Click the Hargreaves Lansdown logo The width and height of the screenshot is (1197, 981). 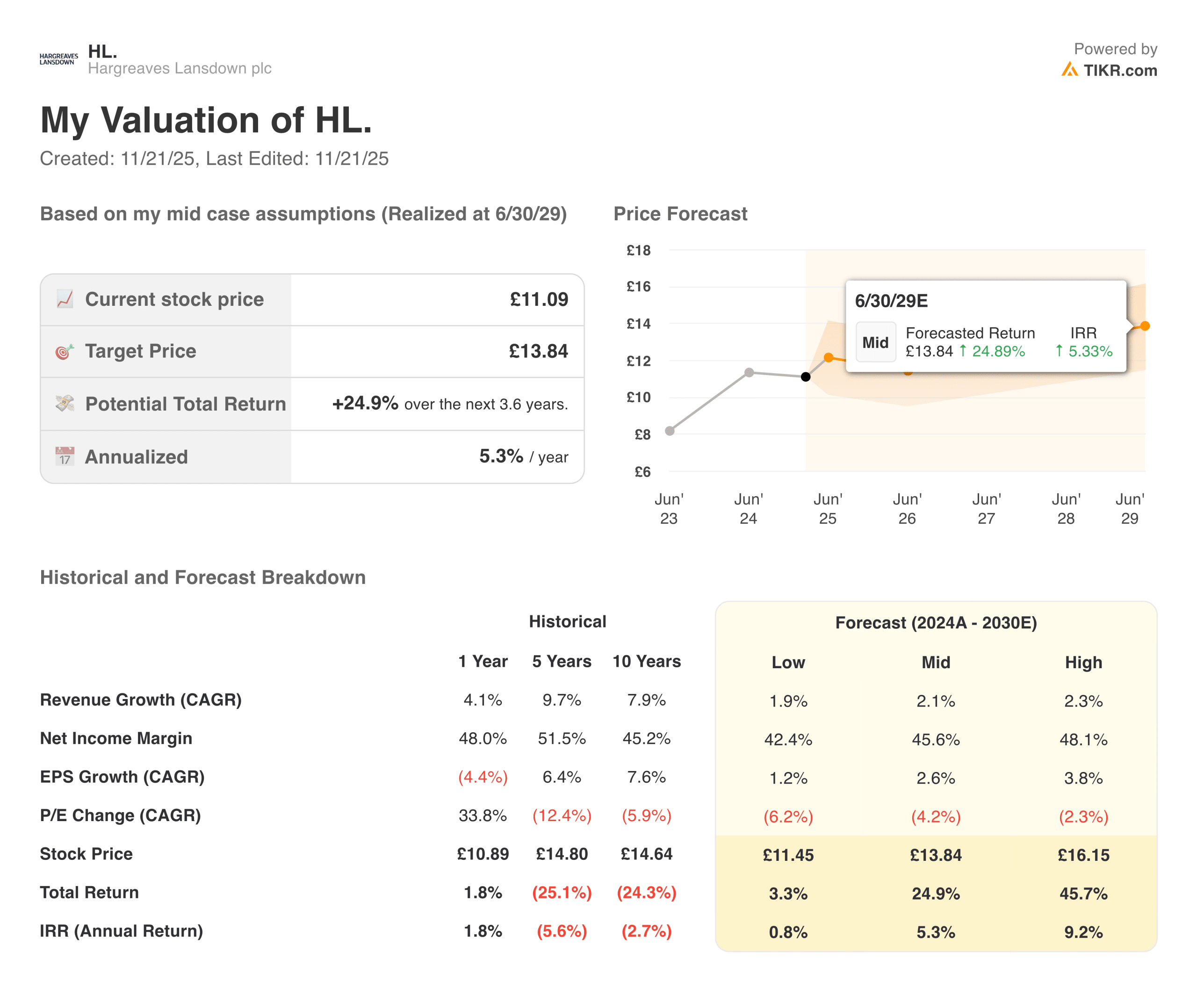(59, 59)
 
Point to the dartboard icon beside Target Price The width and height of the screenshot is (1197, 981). (65, 352)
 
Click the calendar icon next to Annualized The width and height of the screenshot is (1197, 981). (65, 456)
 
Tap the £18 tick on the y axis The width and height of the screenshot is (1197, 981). (638, 250)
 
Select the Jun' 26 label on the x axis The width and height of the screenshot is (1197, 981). (907, 509)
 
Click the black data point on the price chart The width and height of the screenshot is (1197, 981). (805, 376)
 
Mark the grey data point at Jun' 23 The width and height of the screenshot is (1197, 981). (670, 431)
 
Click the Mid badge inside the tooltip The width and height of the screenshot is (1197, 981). (875, 342)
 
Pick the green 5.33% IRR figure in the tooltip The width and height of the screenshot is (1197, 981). (1089, 352)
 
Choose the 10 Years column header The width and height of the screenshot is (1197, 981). (647, 661)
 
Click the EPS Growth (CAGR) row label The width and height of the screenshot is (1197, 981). (122, 777)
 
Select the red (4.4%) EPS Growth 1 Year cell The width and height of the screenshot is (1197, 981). (483, 777)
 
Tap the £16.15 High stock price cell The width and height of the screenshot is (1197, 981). (1083, 855)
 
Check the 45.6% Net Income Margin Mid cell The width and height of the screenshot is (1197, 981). (935, 739)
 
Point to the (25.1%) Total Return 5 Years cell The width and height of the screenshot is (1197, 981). (562, 893)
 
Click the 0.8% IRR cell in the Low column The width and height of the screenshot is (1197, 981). (788, 932)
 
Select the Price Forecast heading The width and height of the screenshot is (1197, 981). (680, 214)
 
